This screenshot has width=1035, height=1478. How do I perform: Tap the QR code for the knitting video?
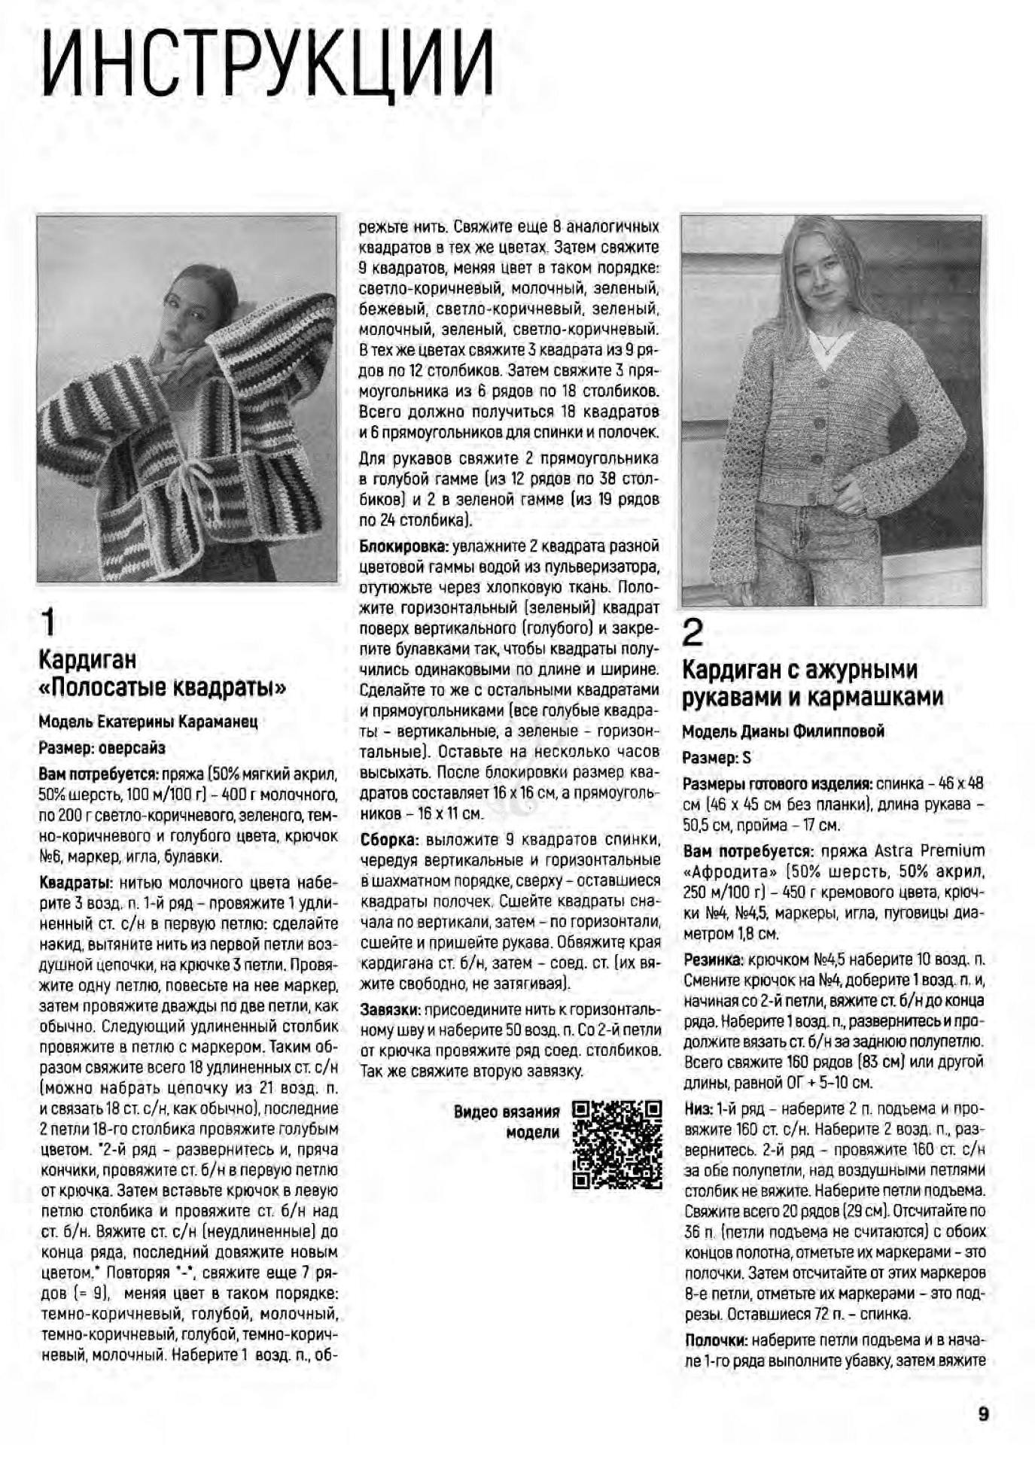[616, 1145]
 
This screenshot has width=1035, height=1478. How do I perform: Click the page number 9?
[982, 1414]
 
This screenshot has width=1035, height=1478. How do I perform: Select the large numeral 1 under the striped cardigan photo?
[47, 624]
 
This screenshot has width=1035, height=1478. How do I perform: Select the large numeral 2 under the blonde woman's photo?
[693, 634]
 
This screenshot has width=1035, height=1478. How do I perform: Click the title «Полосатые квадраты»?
[163, 688]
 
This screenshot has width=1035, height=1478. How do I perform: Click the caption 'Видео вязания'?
[507, 1112]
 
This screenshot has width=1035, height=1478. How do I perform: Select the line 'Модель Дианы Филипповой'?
[783, 731]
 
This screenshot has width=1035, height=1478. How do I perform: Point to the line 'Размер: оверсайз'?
[102, 748]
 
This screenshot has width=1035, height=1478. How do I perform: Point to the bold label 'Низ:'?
[698, 1108]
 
